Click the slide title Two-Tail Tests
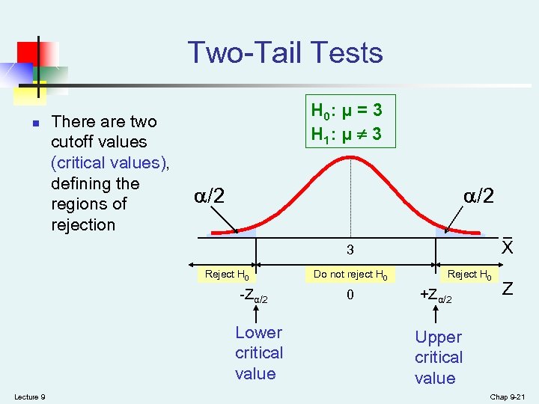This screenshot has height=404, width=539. tap(285, 53)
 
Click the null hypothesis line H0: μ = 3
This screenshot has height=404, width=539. tap(347, 111)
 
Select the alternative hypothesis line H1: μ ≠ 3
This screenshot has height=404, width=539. tap(347, 135)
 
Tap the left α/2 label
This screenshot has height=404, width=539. tap(210, 196)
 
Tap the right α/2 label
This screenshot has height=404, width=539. tap(478, 196)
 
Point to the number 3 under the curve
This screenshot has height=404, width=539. tap(350, 249)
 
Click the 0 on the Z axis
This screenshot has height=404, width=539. tap(350, 295)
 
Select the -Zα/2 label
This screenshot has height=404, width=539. tap(253, 296)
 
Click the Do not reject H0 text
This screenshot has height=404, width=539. tap(350, 275)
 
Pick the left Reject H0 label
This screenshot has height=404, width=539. tap(227, 275)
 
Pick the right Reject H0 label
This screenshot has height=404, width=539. tap(469, 275)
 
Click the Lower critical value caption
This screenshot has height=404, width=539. tap(258, 353)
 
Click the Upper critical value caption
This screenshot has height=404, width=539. tap(439, 358)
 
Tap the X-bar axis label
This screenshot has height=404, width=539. tap(508, 246)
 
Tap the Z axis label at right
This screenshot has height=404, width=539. tap(508, 288)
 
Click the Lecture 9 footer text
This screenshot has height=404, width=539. tap(29, 396)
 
